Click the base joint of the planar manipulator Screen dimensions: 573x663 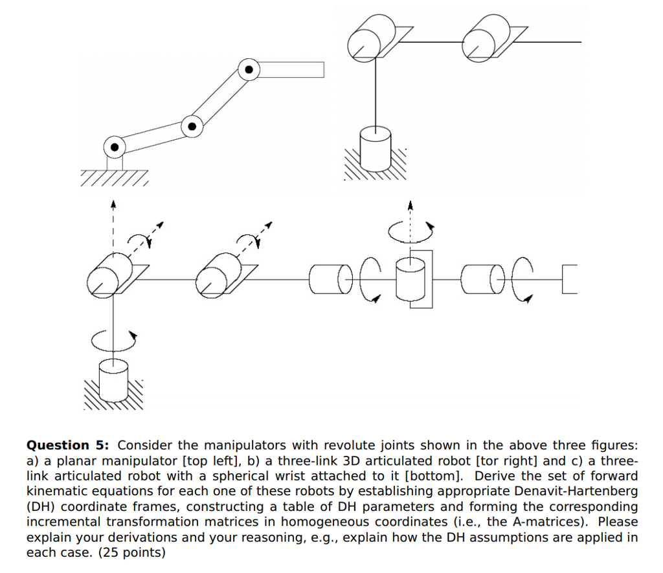[115, 148]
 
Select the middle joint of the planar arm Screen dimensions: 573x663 [192, 126]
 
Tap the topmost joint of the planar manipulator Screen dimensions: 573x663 [248, 69]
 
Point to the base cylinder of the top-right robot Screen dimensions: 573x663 [375, 146]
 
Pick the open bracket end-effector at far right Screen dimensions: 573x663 [568, 280]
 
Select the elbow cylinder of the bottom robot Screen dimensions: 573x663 [220, 273]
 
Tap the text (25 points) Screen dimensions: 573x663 [131, 553]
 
